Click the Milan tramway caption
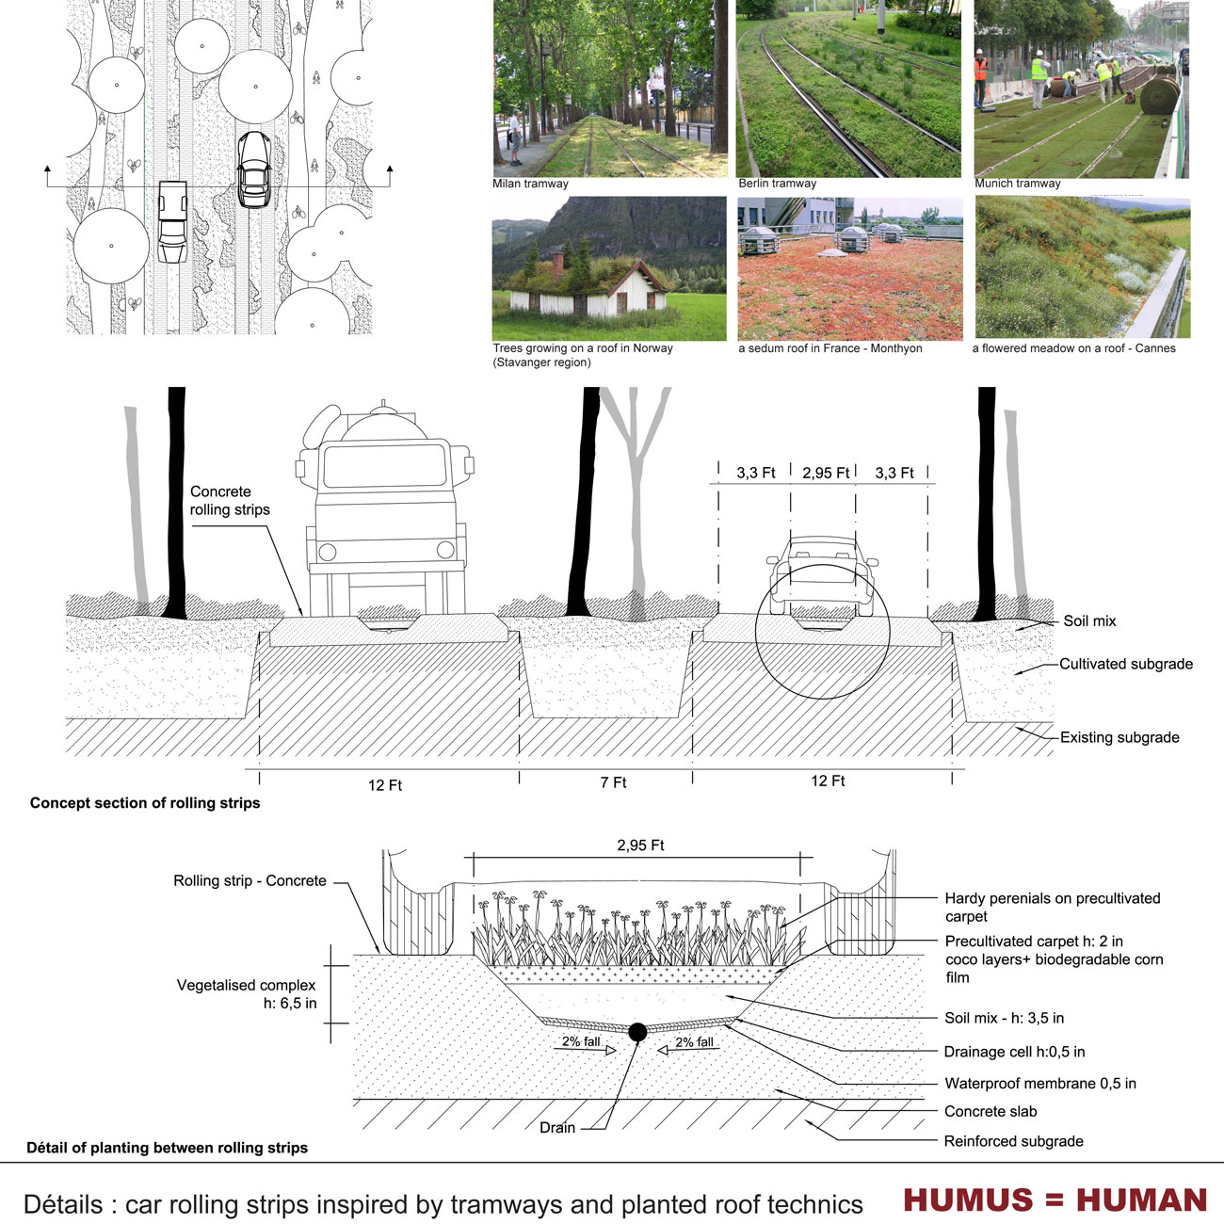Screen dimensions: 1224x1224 point(530,184)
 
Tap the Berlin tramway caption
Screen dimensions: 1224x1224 point(777,184)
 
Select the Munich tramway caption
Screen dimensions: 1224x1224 point(1018,184)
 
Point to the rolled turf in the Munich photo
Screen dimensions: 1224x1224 point(1160,95)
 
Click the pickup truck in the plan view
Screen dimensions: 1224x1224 point(172,221)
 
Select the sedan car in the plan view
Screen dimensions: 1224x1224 point(254,169)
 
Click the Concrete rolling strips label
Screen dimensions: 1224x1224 point(230,501)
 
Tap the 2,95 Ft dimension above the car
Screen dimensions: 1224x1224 point(825,474)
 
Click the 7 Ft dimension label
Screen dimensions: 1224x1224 point(614,783)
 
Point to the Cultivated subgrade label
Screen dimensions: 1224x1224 point(1125,665)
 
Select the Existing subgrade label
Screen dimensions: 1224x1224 point(1119,737)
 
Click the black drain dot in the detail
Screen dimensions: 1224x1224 point(637,1032)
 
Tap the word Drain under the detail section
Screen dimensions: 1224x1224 point(557,1127)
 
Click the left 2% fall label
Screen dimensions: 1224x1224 point(581,1041)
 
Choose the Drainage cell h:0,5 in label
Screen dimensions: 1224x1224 point(1014,1052)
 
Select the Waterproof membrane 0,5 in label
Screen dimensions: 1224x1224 point(1039,1083)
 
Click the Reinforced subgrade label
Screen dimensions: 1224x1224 point(1014,1141)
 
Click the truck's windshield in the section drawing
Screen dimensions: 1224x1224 point(385,465)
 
